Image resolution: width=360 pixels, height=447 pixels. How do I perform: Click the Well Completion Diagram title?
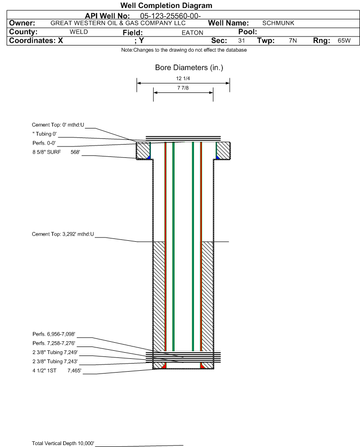[x=166, y=5]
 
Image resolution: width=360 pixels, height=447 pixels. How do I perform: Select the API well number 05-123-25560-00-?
[x=171, y=16]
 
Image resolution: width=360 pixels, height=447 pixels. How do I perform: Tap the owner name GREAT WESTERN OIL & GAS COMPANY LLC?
[x=118, y=23]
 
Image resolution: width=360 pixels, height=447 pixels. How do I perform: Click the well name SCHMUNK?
[x=278, y=23]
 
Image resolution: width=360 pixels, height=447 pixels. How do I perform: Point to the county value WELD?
[x=79, y=32]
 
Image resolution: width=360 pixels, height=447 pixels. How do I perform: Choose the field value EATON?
[x=193, y=33]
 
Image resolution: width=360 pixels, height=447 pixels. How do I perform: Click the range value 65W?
[x=344, y=40]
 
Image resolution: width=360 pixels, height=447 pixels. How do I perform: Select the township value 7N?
[x=293, y=40]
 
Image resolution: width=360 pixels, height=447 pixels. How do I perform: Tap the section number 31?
[x=241, y=40]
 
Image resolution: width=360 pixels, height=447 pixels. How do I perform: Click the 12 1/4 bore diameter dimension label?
[x=183, y=78]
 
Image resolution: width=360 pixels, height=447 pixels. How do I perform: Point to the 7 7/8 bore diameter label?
[x=183, y=88]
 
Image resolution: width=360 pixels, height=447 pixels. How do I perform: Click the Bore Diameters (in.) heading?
[x=189, y=68]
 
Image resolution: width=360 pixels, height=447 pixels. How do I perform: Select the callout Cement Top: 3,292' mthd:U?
[x=63, y=234]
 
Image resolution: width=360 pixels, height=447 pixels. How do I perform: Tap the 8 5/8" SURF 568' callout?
[x=56, y=152]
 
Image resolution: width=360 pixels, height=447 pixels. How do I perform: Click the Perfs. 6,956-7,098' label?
[x=54, y=334]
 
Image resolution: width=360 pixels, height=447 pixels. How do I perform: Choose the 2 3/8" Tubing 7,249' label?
[x=55, y=352]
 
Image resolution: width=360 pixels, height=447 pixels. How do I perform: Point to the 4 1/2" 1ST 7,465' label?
[x=57, y=371]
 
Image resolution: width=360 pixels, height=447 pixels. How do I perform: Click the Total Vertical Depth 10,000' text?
[x=63, y=443]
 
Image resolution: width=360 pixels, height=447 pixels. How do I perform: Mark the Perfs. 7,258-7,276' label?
[x=54, y=343]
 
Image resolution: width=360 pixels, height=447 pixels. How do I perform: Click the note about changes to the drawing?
[x=184, y=50]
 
